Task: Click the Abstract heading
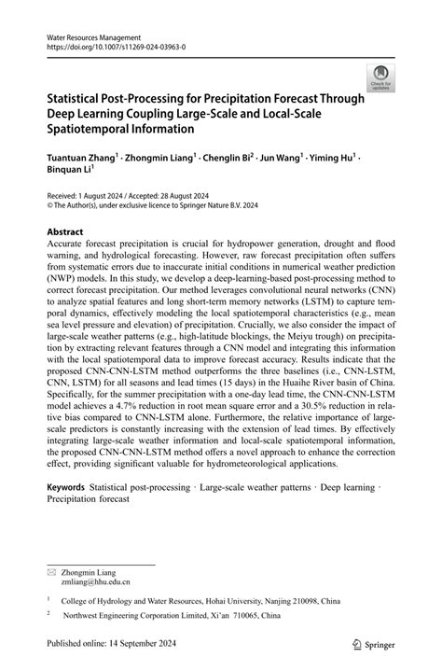(x=65, y=231)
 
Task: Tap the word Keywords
(x=65, y=487)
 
